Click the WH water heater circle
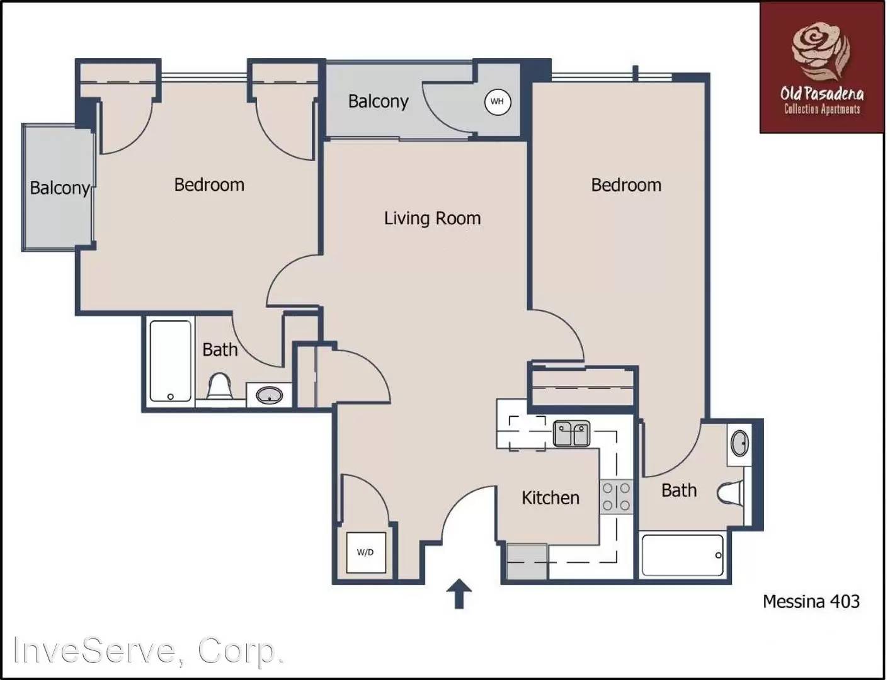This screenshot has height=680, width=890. pos(497,101)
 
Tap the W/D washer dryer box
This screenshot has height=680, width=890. pos(365,552)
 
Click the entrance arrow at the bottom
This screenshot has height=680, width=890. pos(459,594)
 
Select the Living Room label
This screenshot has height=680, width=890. pos(432,218)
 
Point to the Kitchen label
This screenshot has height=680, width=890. pos(550,498)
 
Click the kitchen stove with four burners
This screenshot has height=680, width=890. pos(615,496)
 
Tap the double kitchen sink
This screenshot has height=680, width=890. pos(571,434)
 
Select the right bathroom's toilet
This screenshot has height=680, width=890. pos(731,493)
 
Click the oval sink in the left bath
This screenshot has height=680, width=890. pos(269,396)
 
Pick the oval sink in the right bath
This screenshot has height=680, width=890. pos(739,443)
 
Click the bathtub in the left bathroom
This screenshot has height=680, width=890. pos(170,361)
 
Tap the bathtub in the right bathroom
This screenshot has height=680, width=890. pos(682,555)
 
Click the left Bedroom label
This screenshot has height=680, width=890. pos(209,185)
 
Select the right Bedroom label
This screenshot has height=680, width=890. pos(626,185)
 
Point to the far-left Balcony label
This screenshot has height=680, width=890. pos(60,188)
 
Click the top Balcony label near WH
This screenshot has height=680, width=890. pos(378,101)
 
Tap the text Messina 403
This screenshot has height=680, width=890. pos(811,601)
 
